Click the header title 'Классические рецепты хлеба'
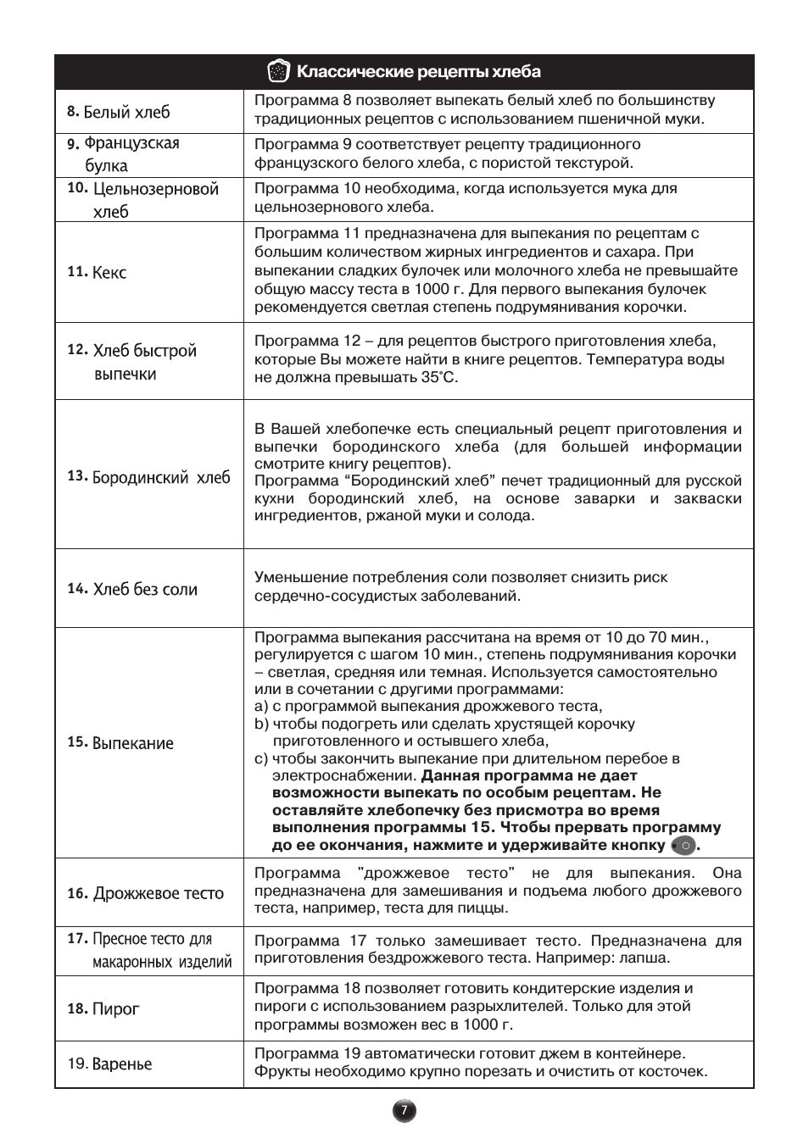[418, 72]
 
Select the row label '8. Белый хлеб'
[119, 112]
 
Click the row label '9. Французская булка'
[124, 154]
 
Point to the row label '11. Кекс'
[97, 272]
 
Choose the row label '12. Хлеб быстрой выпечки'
[132, 362]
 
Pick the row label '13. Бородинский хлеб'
[148, 477]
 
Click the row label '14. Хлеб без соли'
[132, 589]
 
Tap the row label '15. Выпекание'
[120, 743]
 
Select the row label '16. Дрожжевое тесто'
[146, 893]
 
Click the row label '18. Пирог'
[103, 1008]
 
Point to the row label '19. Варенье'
[110, 1063]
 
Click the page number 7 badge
[404, 1111]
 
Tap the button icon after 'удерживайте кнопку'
[683, 846]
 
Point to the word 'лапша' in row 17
[646, 958]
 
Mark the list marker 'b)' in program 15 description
[261, 724]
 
